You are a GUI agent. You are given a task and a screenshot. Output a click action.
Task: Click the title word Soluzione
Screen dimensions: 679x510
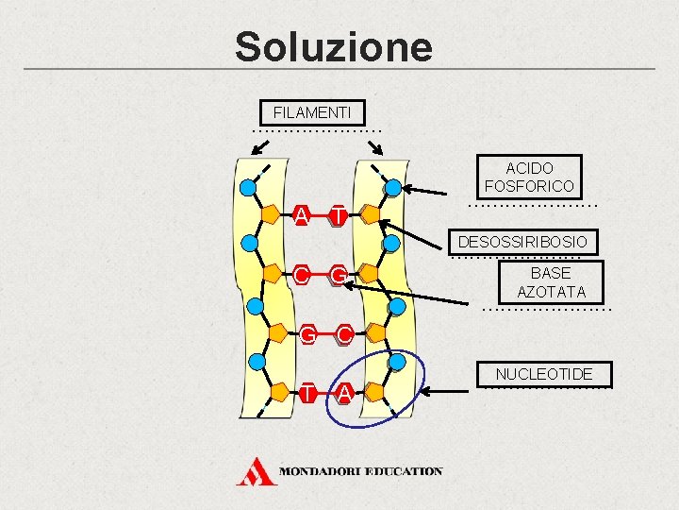pos(333,46)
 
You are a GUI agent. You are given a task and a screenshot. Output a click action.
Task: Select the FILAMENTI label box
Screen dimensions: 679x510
pos(310,112)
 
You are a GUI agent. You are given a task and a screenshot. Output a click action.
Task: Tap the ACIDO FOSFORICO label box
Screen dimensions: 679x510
pos(528,177)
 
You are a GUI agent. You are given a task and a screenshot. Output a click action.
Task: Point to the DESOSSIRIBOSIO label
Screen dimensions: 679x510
pos(522,243)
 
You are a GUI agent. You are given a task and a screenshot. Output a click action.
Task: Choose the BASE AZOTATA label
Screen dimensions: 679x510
pos(551,282)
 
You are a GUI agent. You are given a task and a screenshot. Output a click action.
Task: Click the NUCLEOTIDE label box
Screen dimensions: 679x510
pos(543,374)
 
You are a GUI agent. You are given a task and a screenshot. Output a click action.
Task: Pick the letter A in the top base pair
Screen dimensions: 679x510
pos(300,215)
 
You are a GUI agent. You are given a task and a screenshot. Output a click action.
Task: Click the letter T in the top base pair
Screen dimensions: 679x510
pos(338,216)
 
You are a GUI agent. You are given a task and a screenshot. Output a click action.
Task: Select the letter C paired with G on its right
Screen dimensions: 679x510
pos(300,275)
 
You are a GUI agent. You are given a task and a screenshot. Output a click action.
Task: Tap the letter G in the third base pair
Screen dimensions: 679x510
pos(307,333)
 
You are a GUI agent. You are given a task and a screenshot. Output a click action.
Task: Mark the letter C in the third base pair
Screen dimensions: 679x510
pos(344,333)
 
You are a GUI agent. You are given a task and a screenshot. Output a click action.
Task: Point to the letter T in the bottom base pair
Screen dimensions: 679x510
pos(307,392)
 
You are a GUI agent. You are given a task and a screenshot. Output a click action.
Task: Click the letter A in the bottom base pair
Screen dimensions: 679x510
pos(344,392)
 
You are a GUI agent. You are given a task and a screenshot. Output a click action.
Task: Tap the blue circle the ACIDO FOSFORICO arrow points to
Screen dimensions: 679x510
pos(392,187)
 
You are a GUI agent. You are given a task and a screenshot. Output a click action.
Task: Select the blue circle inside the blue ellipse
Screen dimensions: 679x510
pos(397,362)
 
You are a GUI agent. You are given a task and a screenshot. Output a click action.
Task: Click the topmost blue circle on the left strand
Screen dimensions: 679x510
pos(247,187)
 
